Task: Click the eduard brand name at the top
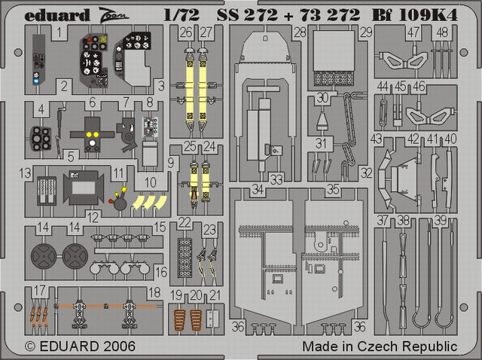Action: (57, 15)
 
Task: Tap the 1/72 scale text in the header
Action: (182, 15)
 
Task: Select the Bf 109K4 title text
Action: (415, 15)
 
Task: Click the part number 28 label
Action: (300, 32)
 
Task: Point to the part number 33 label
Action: (276, 179)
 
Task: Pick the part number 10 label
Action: (151, 182)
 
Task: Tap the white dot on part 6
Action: (92, 142)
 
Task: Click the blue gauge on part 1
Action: (36, 81)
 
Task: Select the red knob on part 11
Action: (111, 201)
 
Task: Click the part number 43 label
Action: (377, 139)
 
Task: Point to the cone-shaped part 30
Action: (322, 121)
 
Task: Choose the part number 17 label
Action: (40, 290)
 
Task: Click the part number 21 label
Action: (215, 295)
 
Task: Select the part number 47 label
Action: (413, 32)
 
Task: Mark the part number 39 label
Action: (440, 221)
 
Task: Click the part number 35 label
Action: (333, 190)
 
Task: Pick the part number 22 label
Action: (185, 223)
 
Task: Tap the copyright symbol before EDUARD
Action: (30, 346)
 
